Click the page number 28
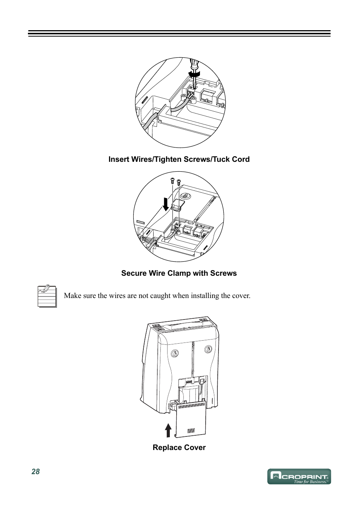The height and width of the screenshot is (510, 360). pyautogui.click(x=35, y=472)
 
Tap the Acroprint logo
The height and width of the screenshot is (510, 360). pyautogui.click(x=299, y=476)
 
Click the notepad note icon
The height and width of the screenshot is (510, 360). pyautogui.click(x=47, y=296)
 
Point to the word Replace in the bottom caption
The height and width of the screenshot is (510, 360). pyautogui.click(x=166, y=447)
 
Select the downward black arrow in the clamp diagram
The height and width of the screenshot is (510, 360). pyautogui.click(x=166, y=204)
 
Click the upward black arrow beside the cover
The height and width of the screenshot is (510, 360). pyautogui.click(x=168, y=430)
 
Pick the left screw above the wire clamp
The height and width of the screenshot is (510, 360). pyautogui.click(x=172, y=181)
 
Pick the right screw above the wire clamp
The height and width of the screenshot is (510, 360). pyautogui.click(x=178, y=182)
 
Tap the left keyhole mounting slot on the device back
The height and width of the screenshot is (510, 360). pyautogui.click(x=175, y=353)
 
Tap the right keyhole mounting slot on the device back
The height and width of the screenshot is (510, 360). pyautogui.click(x=208, y=349)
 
